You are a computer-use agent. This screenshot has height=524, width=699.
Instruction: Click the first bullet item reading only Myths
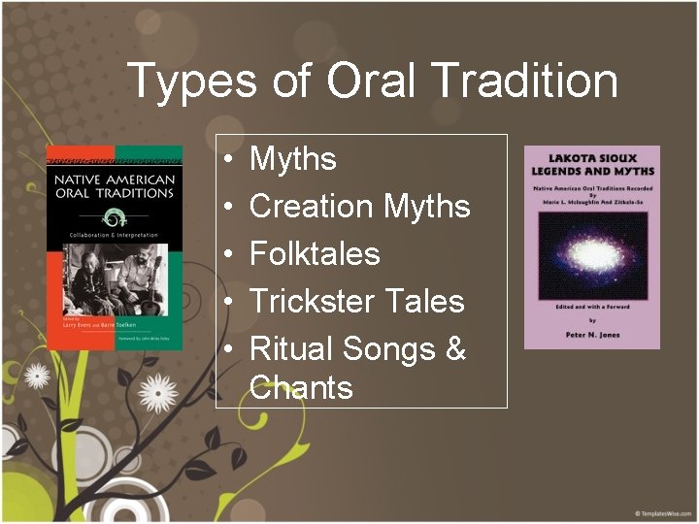click(x=293, y=159)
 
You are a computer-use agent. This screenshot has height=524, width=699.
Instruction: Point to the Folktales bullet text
click(x=315, y=254)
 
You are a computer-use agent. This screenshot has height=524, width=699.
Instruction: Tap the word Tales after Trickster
click(x=429, y=302)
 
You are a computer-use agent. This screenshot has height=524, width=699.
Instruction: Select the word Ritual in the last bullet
click(x=289, y=348)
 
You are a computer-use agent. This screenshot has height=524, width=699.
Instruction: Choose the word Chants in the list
click(x=301, y=388)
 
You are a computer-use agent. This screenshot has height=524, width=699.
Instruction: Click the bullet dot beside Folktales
click(x=225, y=255)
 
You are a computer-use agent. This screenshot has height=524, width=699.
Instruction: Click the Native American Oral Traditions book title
click(x=114, y=186)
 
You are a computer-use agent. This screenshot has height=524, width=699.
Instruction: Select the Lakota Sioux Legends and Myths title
click(x=592, y=166)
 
